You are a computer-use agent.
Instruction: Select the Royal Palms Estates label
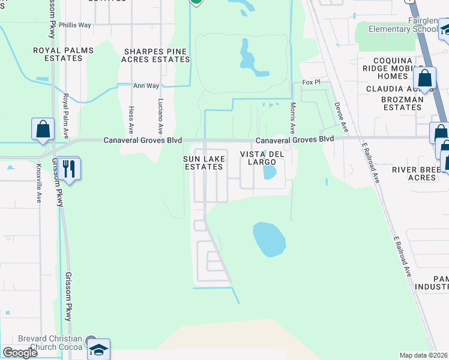click(58, 54)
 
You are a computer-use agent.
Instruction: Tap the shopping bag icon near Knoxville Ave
click(43, 129)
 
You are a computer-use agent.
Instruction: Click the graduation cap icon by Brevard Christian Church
click(98, 349)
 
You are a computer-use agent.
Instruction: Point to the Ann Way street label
click(146, 86)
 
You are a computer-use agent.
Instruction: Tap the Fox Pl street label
click(312, 82)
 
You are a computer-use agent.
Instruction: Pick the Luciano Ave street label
click(160, 116)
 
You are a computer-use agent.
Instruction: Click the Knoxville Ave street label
click(38, 183)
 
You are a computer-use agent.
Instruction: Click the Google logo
click(20, 352)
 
